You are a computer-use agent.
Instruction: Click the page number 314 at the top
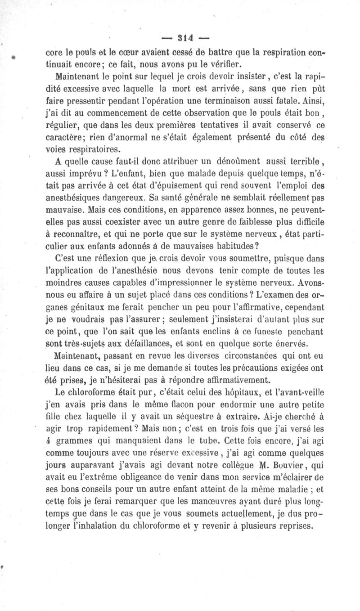click(x=180, y=37)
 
